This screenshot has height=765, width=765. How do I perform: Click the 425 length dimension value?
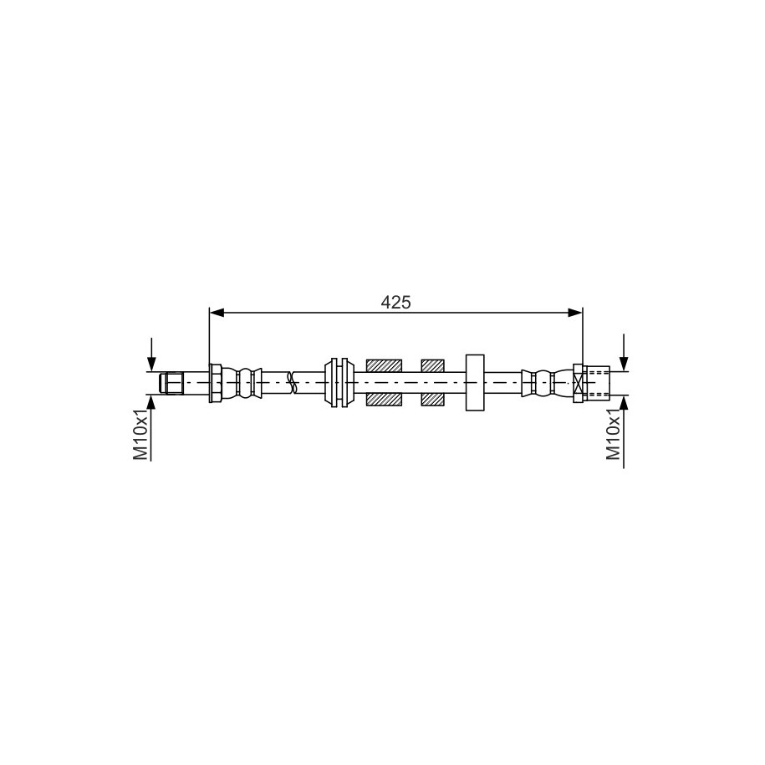point(395,303)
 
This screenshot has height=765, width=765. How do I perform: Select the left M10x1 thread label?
point(140,435)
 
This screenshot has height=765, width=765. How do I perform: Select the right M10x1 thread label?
point(614,435)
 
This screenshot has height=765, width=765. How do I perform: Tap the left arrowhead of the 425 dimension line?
point(217,313)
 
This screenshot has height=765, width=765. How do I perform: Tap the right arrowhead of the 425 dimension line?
point(575,313)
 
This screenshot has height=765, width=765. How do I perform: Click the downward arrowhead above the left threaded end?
point(151,364)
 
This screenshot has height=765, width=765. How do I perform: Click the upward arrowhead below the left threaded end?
point(151,402)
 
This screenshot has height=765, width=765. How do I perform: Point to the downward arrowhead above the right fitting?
point(624,364)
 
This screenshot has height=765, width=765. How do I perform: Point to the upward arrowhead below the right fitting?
point(624,403)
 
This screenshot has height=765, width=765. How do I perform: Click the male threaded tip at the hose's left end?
point(171,383)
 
